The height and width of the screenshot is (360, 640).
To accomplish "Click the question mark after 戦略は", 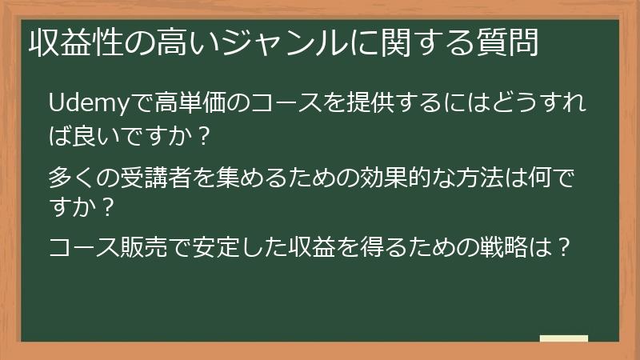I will [563, 246].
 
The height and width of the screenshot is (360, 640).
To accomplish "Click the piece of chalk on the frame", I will [563, 338].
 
